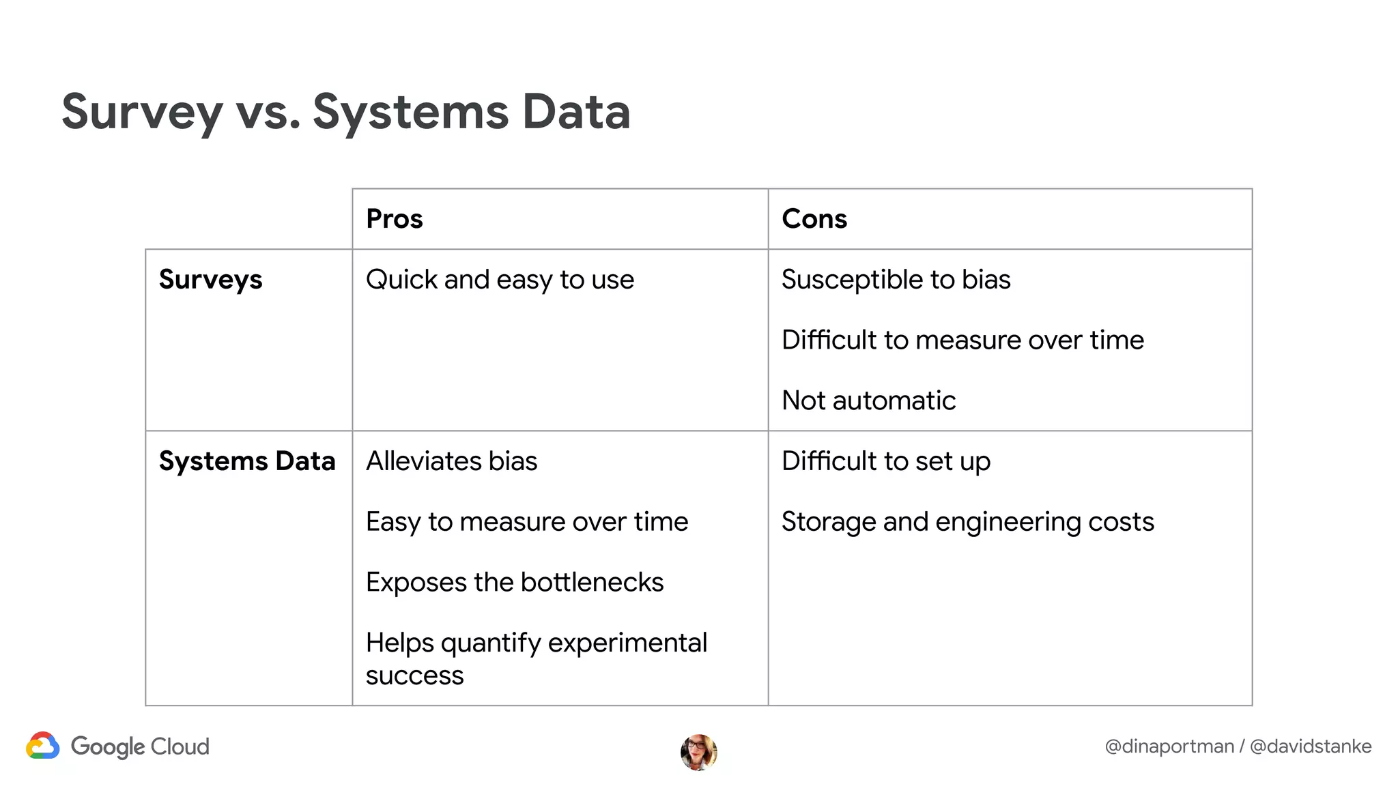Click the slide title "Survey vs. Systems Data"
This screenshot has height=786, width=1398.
(x=345, y=112)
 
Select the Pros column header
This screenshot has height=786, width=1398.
(x=395, y=219)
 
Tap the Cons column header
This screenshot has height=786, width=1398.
(x=814, y=219)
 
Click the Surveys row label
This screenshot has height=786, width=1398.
(x=210, y=280)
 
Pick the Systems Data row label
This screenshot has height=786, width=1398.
(x=247, y=461)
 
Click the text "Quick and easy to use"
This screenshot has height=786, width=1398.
(x=500, y=280)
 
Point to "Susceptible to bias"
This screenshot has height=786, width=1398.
(x=896, y=280)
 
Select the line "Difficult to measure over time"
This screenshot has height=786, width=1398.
(x=962, y=340)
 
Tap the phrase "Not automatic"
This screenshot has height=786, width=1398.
(x=868, y=401)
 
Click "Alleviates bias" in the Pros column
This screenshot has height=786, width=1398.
(x=451, y=461)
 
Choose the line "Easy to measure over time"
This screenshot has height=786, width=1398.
(x=526, y=522)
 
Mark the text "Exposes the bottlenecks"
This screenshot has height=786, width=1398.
(x=514, y=583)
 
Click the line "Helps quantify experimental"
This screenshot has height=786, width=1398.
(x=536, y=643)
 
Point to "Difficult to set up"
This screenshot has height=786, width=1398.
(x=885, y=461)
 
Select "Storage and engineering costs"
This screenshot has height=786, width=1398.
(x=967, y=522)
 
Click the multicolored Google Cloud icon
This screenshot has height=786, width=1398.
(x=43, y=746)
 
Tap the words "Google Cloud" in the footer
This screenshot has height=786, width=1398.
(x=140, y=746)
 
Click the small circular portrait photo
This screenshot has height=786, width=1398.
(x=698, y=753)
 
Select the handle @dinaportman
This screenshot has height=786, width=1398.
(x=1169, y=746)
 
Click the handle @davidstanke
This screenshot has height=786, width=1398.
(x=1310, y=746)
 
